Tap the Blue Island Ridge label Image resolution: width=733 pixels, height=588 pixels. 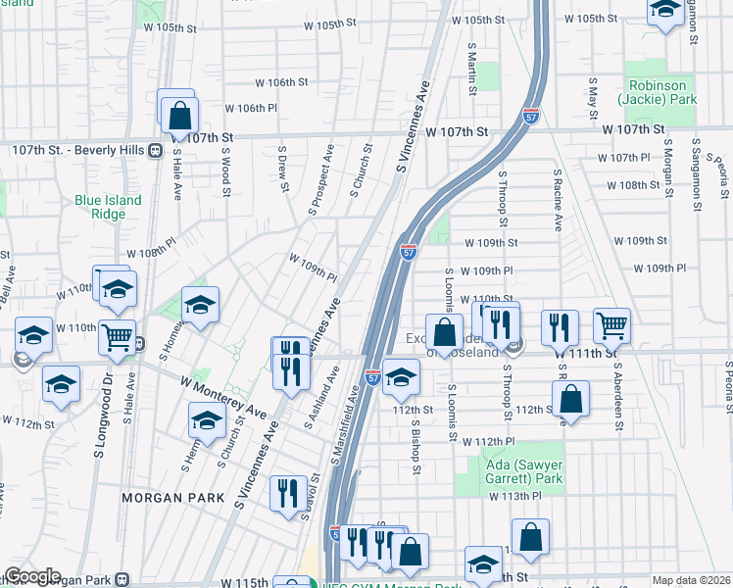(108, 207)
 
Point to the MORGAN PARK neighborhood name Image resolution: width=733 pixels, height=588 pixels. (166, 498)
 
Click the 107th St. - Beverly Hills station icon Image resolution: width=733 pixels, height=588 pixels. (154, 150)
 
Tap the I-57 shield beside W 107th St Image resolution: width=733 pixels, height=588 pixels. (531, 117)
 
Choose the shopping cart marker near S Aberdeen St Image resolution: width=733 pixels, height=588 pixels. (611, 325)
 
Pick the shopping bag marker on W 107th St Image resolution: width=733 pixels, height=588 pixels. (180, 115)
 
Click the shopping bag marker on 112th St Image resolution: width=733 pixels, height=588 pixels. (569, 399)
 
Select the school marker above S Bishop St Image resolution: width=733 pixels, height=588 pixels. (400, 376)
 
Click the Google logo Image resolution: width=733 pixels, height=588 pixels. (32, 576)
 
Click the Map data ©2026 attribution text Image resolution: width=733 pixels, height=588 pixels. (691, 580)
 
